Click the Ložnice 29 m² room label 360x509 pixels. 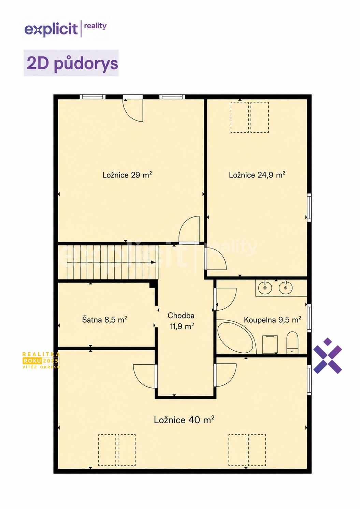127,175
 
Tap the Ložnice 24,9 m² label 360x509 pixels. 257,175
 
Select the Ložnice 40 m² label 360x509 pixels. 184,420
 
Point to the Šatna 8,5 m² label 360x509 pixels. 104,320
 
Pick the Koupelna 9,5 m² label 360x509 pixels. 273,320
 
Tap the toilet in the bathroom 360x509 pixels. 292,343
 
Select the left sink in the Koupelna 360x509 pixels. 265,288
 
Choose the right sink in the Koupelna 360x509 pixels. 286,288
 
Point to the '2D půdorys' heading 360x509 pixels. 72,63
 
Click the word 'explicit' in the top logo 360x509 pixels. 51,29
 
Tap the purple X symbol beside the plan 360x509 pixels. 328,356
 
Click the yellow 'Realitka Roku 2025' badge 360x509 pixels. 41,360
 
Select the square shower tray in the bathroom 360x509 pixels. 270,344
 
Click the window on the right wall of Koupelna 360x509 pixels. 309,318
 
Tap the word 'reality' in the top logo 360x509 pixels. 95,26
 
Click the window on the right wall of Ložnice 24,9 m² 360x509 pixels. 309,208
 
